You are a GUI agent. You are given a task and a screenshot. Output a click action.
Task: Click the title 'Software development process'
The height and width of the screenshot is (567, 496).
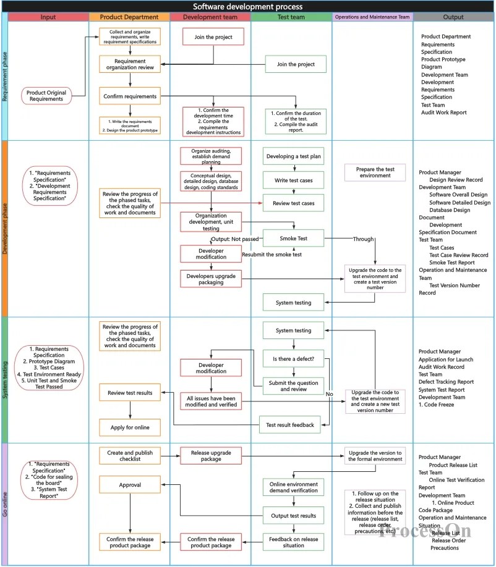pyautogui.click(x=247, y=6)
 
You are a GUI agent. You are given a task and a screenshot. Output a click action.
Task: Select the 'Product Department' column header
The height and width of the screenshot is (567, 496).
pyautogui.click(x=129, y=17)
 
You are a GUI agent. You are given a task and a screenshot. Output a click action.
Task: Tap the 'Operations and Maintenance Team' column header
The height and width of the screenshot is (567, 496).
pyautogui.click(x=372, y=17)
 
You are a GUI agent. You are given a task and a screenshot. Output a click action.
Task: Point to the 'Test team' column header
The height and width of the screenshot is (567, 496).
pyautogui.click(x=291, y=17)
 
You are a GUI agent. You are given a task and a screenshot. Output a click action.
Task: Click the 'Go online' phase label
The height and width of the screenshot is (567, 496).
pyautogui.click(x=5, y=503)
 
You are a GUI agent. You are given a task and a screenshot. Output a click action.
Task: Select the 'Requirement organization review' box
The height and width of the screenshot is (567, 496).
pyautogui.click(x=130, y=64)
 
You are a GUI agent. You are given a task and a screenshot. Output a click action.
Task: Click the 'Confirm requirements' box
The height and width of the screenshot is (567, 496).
pyautogui.click(x=130, y=96)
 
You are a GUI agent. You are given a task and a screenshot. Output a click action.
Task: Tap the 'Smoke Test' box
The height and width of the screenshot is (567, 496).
pyautogui.click(x=294, y=238)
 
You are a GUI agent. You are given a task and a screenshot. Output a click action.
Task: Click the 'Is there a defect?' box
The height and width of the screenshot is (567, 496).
pyautogui.click(x=294, y=358)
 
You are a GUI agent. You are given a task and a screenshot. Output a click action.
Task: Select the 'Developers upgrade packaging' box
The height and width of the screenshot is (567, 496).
pyautogui.click(x=211, y=279)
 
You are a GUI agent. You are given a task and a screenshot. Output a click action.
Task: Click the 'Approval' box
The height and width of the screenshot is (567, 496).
pyautogui.click(x=130, y=485)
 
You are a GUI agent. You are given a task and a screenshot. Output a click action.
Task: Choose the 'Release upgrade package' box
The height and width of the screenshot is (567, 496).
pyautogui.click(x=211, y=456)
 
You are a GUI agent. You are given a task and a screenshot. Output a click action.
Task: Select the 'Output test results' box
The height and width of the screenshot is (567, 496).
pyautogui.click(x=294, y=515)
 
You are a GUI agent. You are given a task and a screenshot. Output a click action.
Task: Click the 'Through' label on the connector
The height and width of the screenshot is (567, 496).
pyautogui.click(x=363, y=238)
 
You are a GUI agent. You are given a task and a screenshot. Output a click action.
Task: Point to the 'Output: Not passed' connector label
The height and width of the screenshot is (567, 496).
pyautogui.click(x=235, y=239)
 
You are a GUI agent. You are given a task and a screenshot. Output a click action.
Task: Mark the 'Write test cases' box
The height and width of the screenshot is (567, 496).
pyautogui.click(x=294, y=180)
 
